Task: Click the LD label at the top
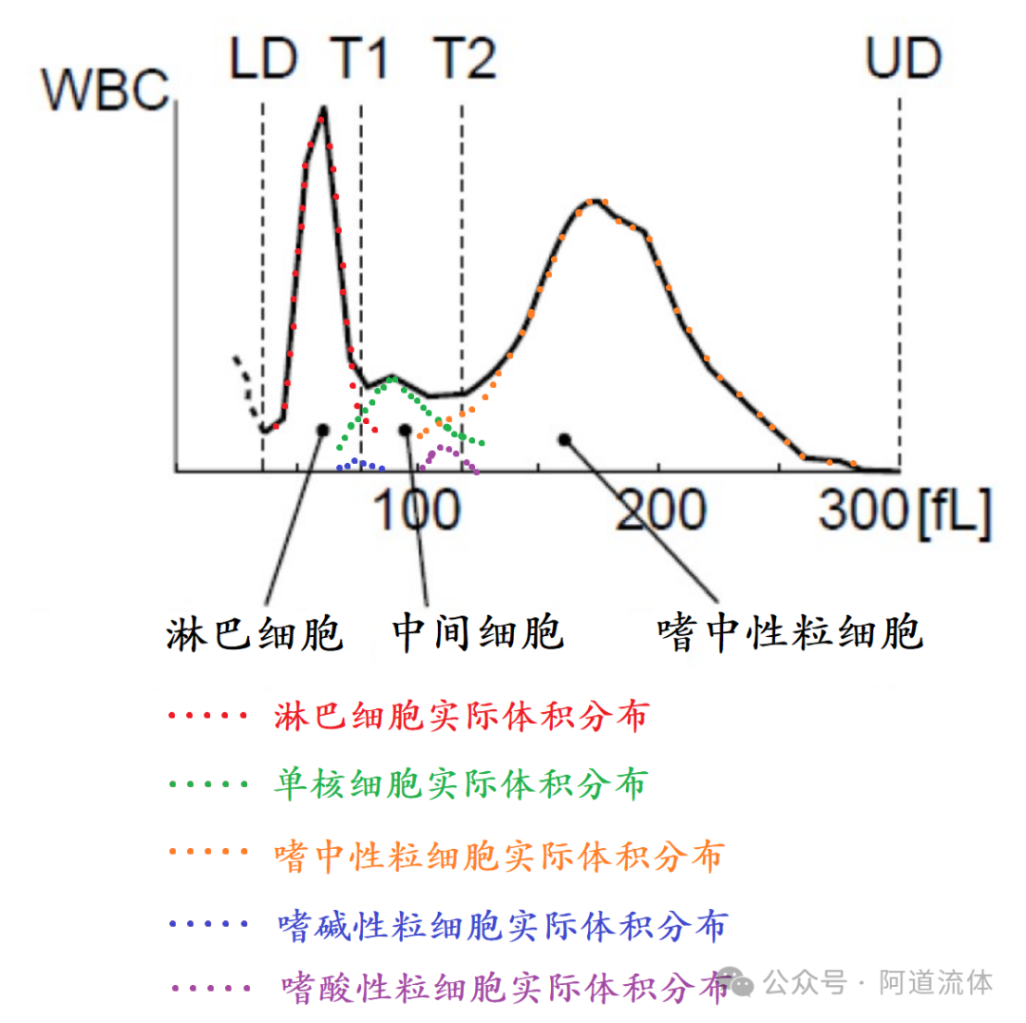(x=263, y=59)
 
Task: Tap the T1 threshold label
(x=360, y=59)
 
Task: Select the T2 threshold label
(x=465, y=59)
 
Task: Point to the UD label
(x=902, y=59)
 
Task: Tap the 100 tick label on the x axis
(x=415, y=511)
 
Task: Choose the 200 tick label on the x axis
(x=660, y=511)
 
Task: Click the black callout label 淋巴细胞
(x=254, y=632)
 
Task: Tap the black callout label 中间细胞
(x=478, y=632)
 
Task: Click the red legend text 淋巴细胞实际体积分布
(x=460, y=715)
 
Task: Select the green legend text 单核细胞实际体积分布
(x=460, y=784)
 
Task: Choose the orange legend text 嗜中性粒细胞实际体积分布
(x=498, y=855)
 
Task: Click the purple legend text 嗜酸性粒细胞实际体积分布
(x=504, y=987)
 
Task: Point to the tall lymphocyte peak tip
(x=324, y=110)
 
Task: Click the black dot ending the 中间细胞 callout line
(x=406, y=430)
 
